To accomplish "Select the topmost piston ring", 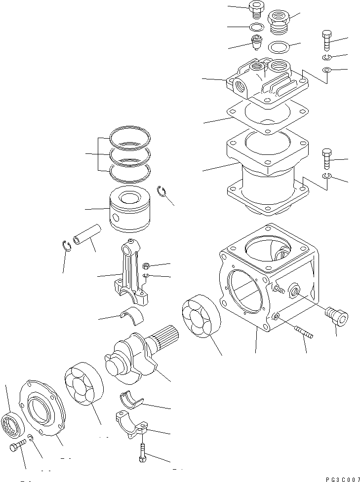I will (x=130, y=137).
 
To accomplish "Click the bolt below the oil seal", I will (x=16, y=448).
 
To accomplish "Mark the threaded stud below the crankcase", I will (x=302, y=331).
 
